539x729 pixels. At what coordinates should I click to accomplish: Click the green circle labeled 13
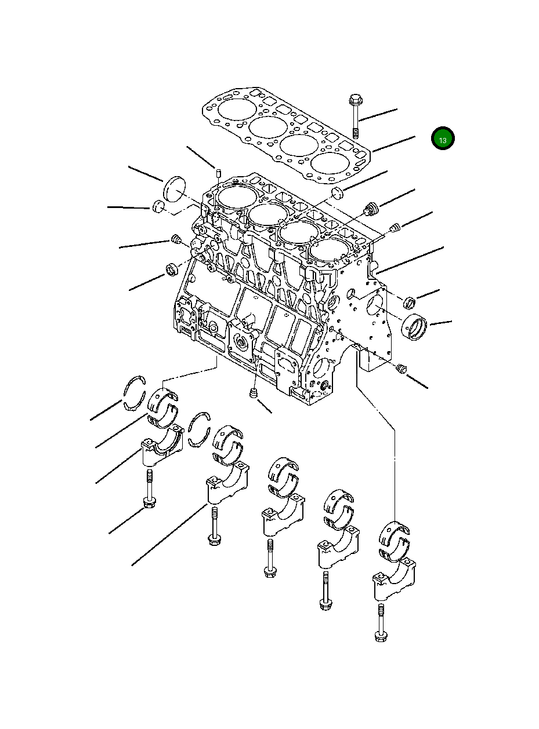[443, 139]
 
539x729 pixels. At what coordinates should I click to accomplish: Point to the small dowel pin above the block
[219, 172]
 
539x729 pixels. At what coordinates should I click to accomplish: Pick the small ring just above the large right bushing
[410, 302]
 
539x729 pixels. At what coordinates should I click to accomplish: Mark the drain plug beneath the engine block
[253, 394]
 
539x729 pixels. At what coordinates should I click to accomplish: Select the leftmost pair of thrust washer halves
[134, 392]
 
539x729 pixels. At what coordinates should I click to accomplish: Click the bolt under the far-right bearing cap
[381, 622]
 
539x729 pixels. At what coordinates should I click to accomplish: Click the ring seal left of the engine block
[172, 268]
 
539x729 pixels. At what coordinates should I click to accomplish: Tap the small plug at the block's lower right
[400, 369]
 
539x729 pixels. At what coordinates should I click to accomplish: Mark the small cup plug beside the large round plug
[159, 206]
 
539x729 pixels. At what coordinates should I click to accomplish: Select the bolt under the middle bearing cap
[269, 559]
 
